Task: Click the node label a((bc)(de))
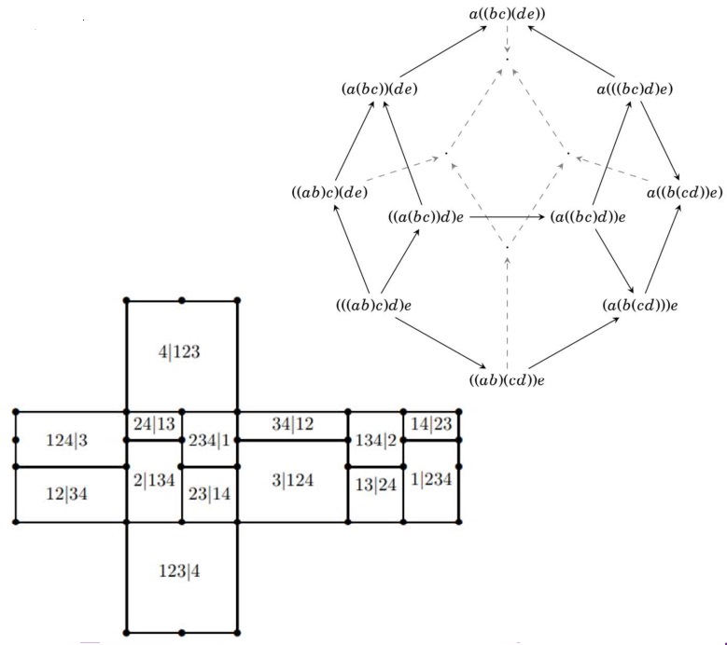(508, 14)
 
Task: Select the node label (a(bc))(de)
(380, 89)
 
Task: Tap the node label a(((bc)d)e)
(635, 89)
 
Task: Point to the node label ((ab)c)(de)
(329, 192)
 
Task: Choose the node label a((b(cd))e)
(685, 192)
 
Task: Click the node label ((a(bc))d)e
(426, 217)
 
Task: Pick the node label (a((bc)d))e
(588, 217)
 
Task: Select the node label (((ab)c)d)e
(374, 306)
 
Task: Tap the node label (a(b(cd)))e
(640, 306)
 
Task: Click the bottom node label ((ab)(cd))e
(507, 380)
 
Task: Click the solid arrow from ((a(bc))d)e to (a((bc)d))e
(508, 216)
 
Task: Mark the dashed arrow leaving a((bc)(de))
(508, 38)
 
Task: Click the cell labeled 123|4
(179, 571)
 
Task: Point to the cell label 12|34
(67, 494)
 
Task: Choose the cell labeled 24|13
(154, 424)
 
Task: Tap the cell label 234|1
(209, 440)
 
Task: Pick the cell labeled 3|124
(292, 481)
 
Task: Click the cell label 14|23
(431, 424)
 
